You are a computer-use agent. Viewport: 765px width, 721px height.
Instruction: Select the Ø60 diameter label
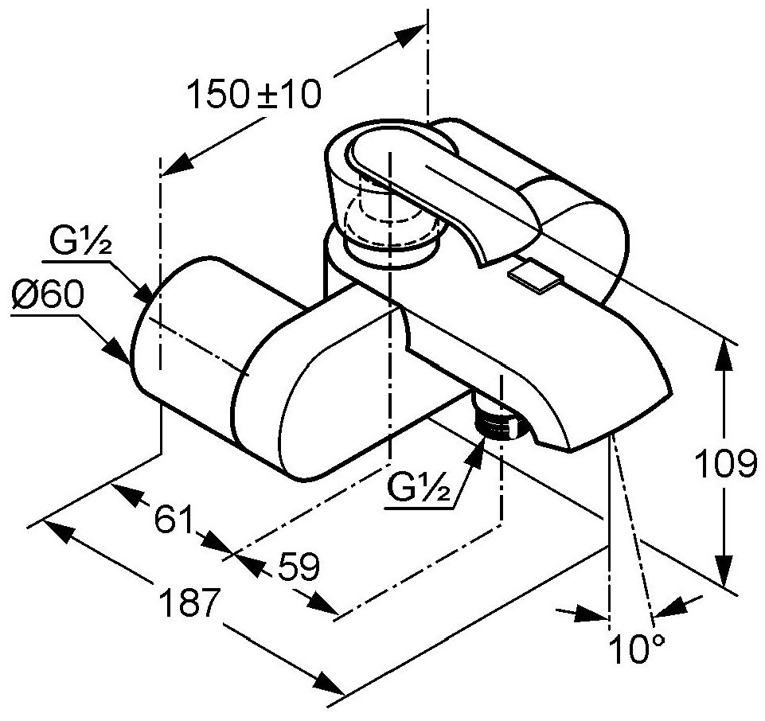point(48,298)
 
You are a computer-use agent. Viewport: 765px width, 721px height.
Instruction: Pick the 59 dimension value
point(299,567)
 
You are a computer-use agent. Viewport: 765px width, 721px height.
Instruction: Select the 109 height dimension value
point(724,463)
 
